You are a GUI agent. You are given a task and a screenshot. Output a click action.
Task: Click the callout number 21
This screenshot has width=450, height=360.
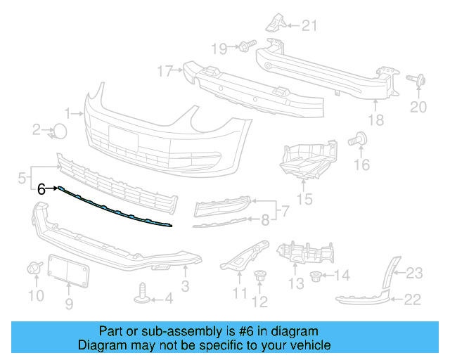click(x=310, y=27)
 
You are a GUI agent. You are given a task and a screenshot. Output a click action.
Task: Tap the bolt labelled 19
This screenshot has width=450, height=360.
click(x=245, y=47)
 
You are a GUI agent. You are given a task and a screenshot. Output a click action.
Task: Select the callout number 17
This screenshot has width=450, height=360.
click(x=165, y=71)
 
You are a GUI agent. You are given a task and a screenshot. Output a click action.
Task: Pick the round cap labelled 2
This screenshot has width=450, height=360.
click(x=61, y=130)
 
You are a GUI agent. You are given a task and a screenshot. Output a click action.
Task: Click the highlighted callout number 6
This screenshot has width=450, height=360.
click(x=41, y=188)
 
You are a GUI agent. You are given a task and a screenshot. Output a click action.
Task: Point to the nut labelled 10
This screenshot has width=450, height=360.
click(x=33, y=268)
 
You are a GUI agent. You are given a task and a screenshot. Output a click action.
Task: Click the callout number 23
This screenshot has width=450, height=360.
click(x=414, y=273)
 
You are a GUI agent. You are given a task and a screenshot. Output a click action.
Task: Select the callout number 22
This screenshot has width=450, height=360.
click(x=412, y=300)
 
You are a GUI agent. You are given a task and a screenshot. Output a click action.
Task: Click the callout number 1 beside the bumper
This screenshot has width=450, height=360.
click(x=68, y=112)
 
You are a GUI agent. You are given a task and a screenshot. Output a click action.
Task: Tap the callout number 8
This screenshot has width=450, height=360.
click(x=264, y=220)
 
